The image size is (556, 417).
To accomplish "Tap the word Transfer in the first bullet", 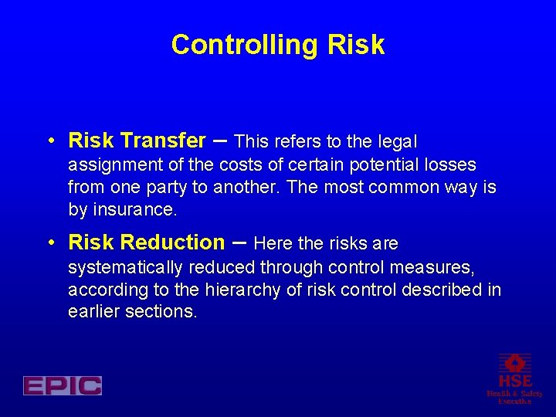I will pyautogui.click(x=164, y=141).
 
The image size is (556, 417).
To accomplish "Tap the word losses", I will pyautogui.click(x=452, y=165).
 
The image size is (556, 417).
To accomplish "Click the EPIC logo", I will pyautogui.click(x=63, y=385).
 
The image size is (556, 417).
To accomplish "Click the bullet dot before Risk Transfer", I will pyautogui.click(x=50, y=141).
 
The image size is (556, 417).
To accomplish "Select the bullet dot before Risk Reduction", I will pyautogui.click(x=50, y=243).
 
